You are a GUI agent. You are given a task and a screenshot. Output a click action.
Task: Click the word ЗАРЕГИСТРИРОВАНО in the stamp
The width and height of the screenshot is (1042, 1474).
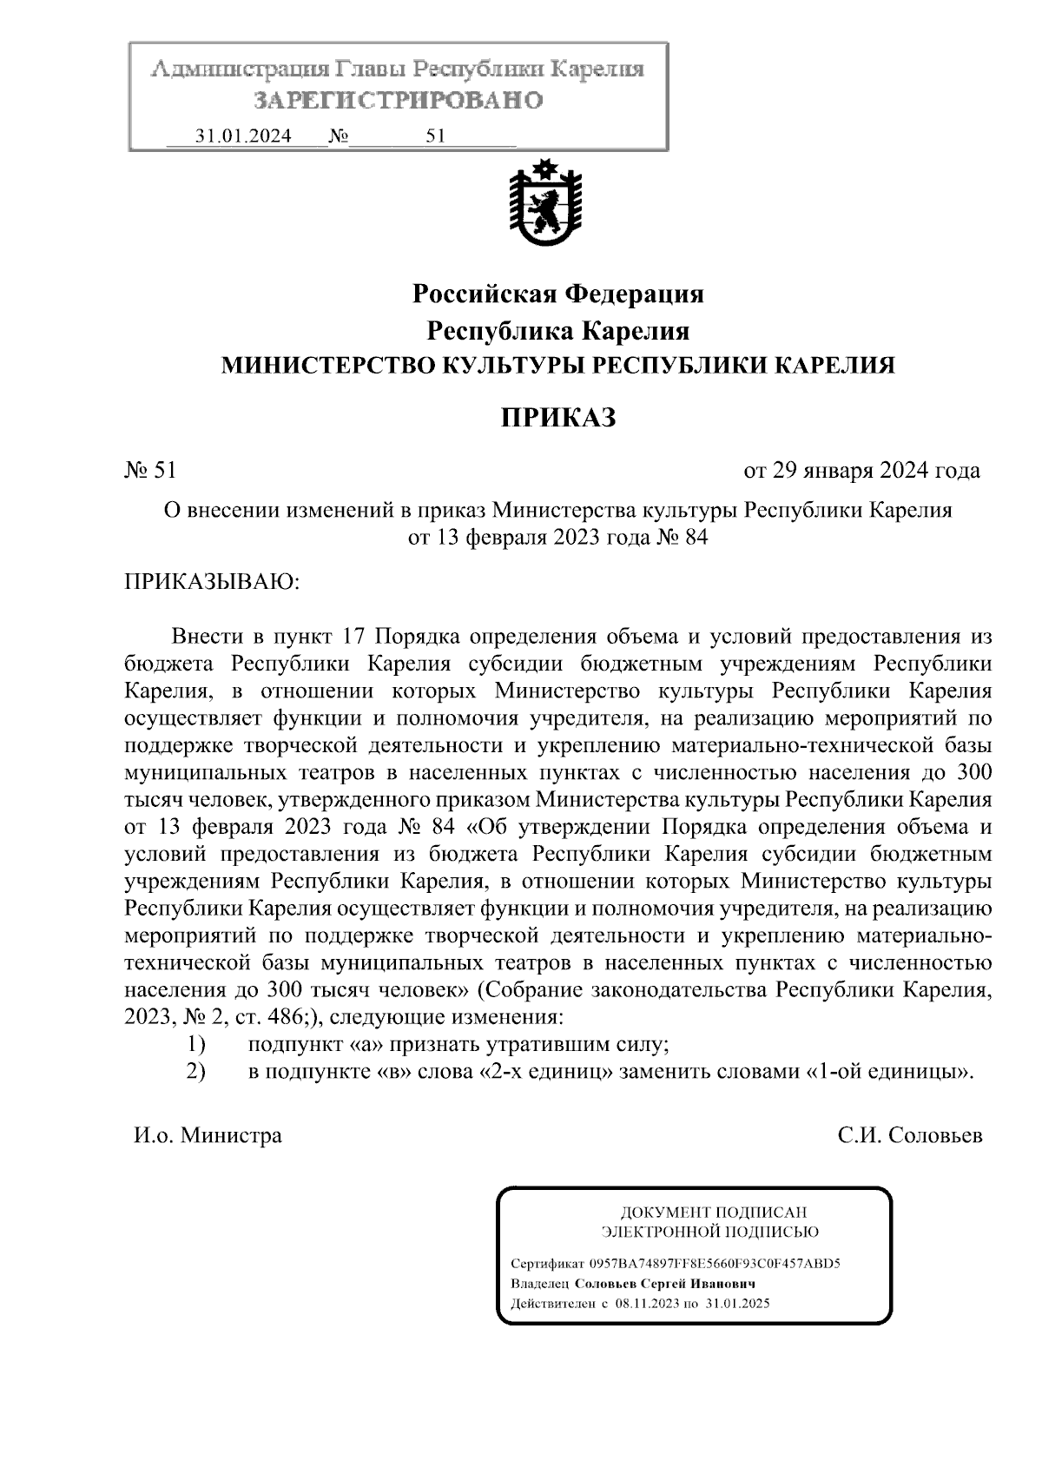(399, 101)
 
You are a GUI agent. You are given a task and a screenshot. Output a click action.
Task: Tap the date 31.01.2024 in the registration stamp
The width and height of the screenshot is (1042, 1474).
(243, 136)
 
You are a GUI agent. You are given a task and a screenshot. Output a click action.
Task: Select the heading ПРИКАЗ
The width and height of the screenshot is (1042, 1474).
(557, 418)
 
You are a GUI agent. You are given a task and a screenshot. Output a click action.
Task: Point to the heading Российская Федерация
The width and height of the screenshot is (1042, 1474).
(557, 294)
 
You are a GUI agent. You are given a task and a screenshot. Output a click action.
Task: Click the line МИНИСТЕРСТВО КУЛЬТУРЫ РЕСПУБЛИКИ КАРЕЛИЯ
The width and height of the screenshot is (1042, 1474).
(557, 366)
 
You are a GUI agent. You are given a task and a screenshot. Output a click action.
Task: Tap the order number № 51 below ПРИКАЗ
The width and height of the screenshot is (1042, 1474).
(151, 471)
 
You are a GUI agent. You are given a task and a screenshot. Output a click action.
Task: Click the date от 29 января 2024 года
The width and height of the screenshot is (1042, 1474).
(861, 471)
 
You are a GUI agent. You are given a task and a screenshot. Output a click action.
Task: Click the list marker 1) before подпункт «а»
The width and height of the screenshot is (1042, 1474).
(196, 1043)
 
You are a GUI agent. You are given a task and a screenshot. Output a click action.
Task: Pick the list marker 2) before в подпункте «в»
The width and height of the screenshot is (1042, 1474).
(196, 1071)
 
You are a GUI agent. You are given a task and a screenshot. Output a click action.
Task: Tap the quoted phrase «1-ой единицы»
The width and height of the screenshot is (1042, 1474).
(888, 1071)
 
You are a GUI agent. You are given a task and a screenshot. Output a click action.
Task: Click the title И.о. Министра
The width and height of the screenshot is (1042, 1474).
(208, 1135)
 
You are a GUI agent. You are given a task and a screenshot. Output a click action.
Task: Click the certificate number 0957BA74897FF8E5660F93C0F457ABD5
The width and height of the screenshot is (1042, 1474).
(715, 1264)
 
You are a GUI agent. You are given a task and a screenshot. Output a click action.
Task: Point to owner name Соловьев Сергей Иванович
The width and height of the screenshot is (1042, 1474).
(666, 1284)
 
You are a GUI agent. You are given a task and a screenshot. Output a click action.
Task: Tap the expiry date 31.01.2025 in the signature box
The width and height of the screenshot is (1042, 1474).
(738, 1304)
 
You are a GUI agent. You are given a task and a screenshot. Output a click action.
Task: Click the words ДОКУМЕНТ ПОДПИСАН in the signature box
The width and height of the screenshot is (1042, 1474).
(712, 1212)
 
